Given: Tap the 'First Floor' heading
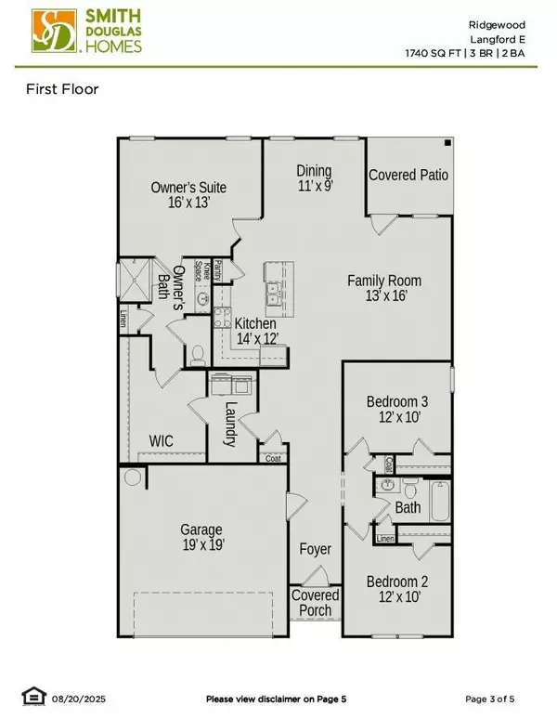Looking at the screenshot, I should click(61, 90).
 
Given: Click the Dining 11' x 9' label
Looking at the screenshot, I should click(314, 177).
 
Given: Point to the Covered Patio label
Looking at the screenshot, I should click(408, 175).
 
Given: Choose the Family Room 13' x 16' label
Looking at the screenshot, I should click(384, 288).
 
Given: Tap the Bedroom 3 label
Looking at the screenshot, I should click(397, 410).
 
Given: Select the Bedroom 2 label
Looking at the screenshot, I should click(397, 590).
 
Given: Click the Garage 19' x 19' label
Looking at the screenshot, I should click(202, 538).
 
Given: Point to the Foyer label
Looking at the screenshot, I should click(315, 550).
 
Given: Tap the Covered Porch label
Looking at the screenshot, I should click(314, 603).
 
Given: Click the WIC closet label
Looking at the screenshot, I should click(162, 439).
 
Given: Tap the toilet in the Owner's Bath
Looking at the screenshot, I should click(196, 353).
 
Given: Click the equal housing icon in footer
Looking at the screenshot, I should click(32, 697).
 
